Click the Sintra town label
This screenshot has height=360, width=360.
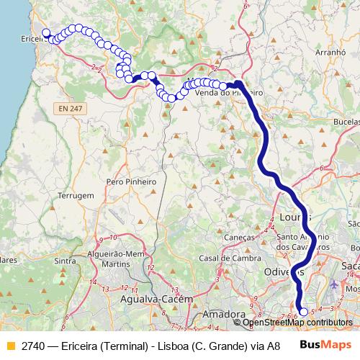click(66, 261)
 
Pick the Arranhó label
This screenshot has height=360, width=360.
click(330, 53)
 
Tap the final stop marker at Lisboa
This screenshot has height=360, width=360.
click(303, 312)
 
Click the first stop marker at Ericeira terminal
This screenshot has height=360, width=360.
click(45, 32)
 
